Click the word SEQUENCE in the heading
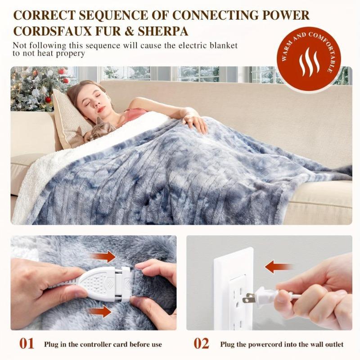coord(113,15)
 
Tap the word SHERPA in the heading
coord(164,32)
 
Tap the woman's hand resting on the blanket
coord(194,121)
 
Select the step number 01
coord(27,344)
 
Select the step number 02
coord(202,344)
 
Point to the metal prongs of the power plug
coord(248,298)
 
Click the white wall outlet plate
coord(233,288)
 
